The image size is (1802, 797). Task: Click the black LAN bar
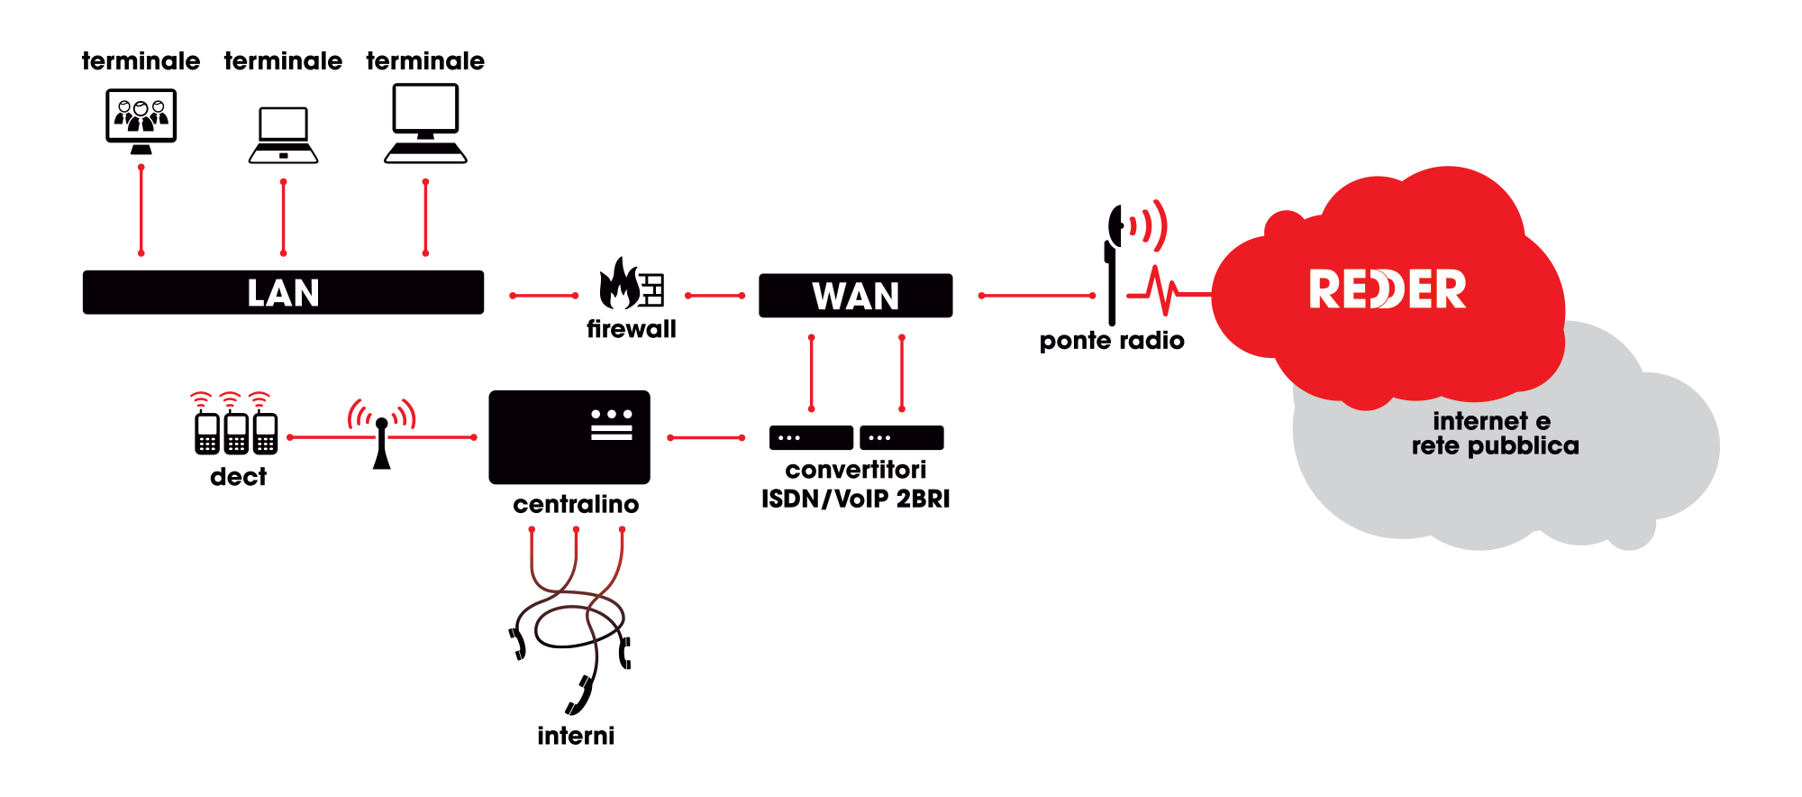(x=283, y=292)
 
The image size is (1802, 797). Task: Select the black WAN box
(x=855, y=296)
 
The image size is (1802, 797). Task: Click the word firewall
(x=631, y=330)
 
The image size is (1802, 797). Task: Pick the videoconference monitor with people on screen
(x=141, y=118)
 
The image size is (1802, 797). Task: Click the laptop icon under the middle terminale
(x=283, y=135)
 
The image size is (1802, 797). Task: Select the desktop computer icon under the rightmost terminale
(x=425, y=123)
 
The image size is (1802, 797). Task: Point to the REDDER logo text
(x=1387, y=289)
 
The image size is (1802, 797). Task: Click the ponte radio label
(x=1111, y=341)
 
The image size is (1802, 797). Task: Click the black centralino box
(x=569, y=437)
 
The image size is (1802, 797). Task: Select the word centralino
(x=576, y=505)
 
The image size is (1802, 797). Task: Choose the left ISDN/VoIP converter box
(x=811, y=437)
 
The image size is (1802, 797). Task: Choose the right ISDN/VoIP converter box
(x=901, y=437)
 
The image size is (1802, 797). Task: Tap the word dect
(x=238, y=477)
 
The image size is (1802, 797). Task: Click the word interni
(x=576, y=737)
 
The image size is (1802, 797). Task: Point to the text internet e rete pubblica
(x=1494, y=434)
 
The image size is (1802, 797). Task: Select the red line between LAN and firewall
(x=544, y=296)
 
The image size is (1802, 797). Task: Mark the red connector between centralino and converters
(x=706, y=438)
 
